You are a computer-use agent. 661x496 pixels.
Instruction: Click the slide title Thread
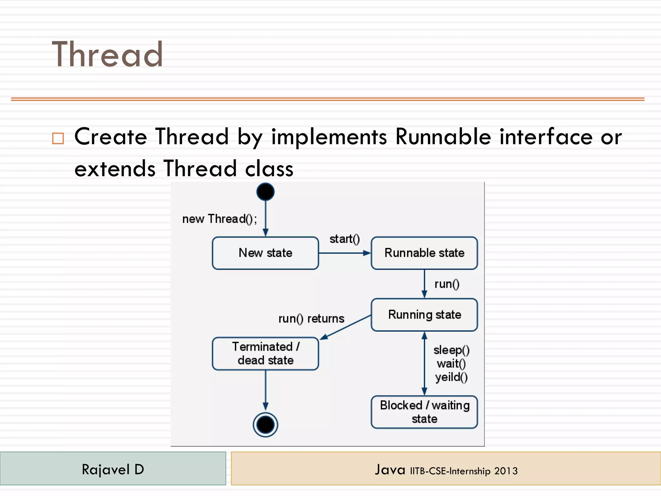(107, 55)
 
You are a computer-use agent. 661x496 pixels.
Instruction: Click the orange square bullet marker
(58, 138)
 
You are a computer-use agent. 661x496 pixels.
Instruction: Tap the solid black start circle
(265, 192)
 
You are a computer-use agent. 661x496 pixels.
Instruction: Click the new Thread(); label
(219, 219)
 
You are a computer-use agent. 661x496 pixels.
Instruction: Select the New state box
(265, 253)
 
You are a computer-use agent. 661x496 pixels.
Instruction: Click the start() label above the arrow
(344, 239)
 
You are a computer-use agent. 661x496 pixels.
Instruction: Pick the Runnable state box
(424, 253)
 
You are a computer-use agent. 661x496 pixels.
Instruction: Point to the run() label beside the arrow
(447, 284)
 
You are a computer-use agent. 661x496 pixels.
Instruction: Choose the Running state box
(424, 315)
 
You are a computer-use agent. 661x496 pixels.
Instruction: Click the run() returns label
(311, 319)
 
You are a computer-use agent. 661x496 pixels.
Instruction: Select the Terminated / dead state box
(265, 353)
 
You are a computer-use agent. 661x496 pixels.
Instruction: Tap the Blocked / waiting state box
(424, 412)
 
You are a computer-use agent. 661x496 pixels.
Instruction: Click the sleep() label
(451, 350)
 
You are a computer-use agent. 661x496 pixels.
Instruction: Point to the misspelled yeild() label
(451, 377)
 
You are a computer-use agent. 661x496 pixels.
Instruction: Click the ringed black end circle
(265, 425)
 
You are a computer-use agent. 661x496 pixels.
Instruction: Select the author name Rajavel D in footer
(113, 469)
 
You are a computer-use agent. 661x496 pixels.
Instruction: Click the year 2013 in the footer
(506, 471)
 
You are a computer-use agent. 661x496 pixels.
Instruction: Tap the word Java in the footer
(390, 470)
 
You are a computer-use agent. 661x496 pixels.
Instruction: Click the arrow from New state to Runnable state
(344, 253)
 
